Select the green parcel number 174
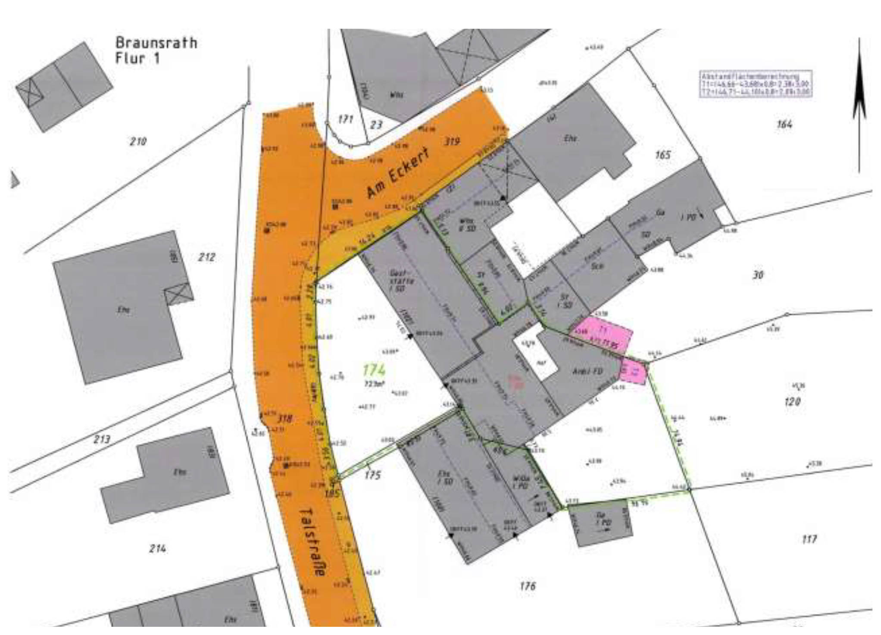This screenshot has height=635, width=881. tap(374, 370)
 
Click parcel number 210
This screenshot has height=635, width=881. tap(138, 141)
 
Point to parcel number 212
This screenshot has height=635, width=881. tap(206, 257)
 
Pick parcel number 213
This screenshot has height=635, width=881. tap(102, 439)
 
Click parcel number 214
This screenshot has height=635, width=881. tap(157, 549)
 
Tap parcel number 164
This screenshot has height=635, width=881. tap(784, 125)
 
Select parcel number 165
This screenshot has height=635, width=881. tap(662, 154)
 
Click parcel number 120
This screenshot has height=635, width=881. tap(792, 402)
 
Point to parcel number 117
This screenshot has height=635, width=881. tap(809, 539)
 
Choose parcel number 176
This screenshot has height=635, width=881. tap(528, 586)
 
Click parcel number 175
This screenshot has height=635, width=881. tap(373, 475)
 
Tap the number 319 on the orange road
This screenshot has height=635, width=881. tap(451, 141)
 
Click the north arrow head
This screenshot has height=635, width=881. tap(859, 82)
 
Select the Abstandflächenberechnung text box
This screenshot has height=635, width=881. tap(756, 84)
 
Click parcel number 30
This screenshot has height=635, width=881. tap(758, 275)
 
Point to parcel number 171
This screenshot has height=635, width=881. tap(346, 119)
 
